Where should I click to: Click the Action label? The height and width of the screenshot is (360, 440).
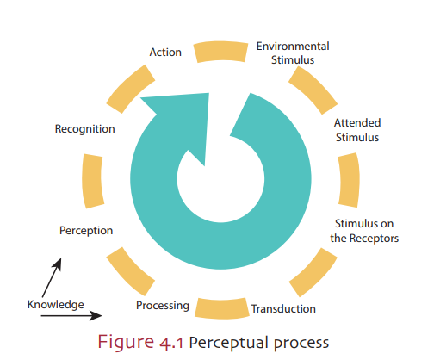tap(165, 52)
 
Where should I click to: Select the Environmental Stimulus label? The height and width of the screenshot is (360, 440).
tap(293, 53)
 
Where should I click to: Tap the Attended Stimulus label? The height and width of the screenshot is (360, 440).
tap(356, 129)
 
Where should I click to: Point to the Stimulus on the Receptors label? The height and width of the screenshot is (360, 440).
tap(365, 231)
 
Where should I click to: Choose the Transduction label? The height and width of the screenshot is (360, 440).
tap(282, 308)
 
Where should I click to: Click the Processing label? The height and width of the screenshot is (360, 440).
tap(163, 306)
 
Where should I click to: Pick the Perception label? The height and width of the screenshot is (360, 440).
tap(86, 230)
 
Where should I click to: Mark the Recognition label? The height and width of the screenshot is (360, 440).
tap(84, 128)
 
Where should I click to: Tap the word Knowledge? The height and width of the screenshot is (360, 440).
tap(55, 304)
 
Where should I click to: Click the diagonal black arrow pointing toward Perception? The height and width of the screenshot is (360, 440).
tap(49, 276)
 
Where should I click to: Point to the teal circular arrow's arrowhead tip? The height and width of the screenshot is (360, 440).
tap(143, 105)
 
